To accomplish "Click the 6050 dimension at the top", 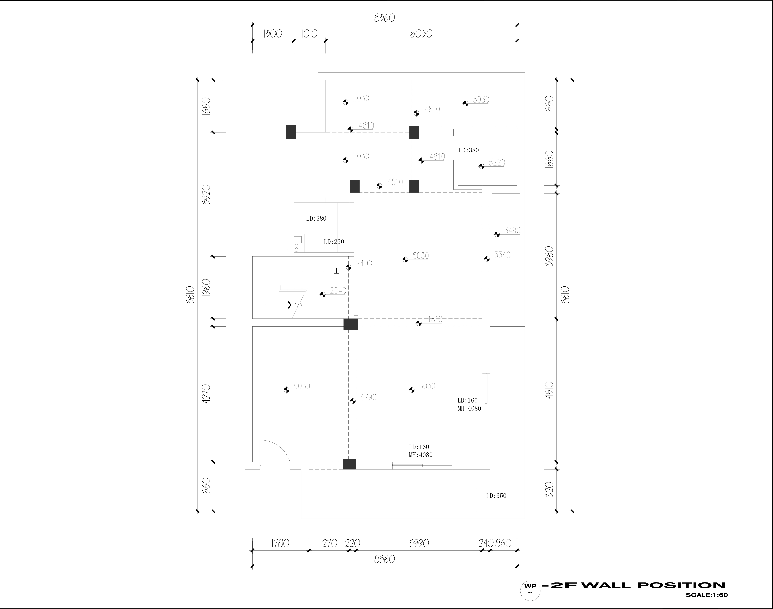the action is point(421,34).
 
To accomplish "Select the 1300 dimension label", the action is point(273,34).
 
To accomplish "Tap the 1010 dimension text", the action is point(309,34).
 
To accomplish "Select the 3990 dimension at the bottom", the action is point(419,543).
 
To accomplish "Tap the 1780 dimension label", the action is point(280,543).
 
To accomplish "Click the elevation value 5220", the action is point(497,163).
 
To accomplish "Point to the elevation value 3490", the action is point(512,230).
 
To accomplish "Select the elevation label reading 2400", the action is point(364,264).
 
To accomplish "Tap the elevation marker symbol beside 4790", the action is point(353,401).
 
